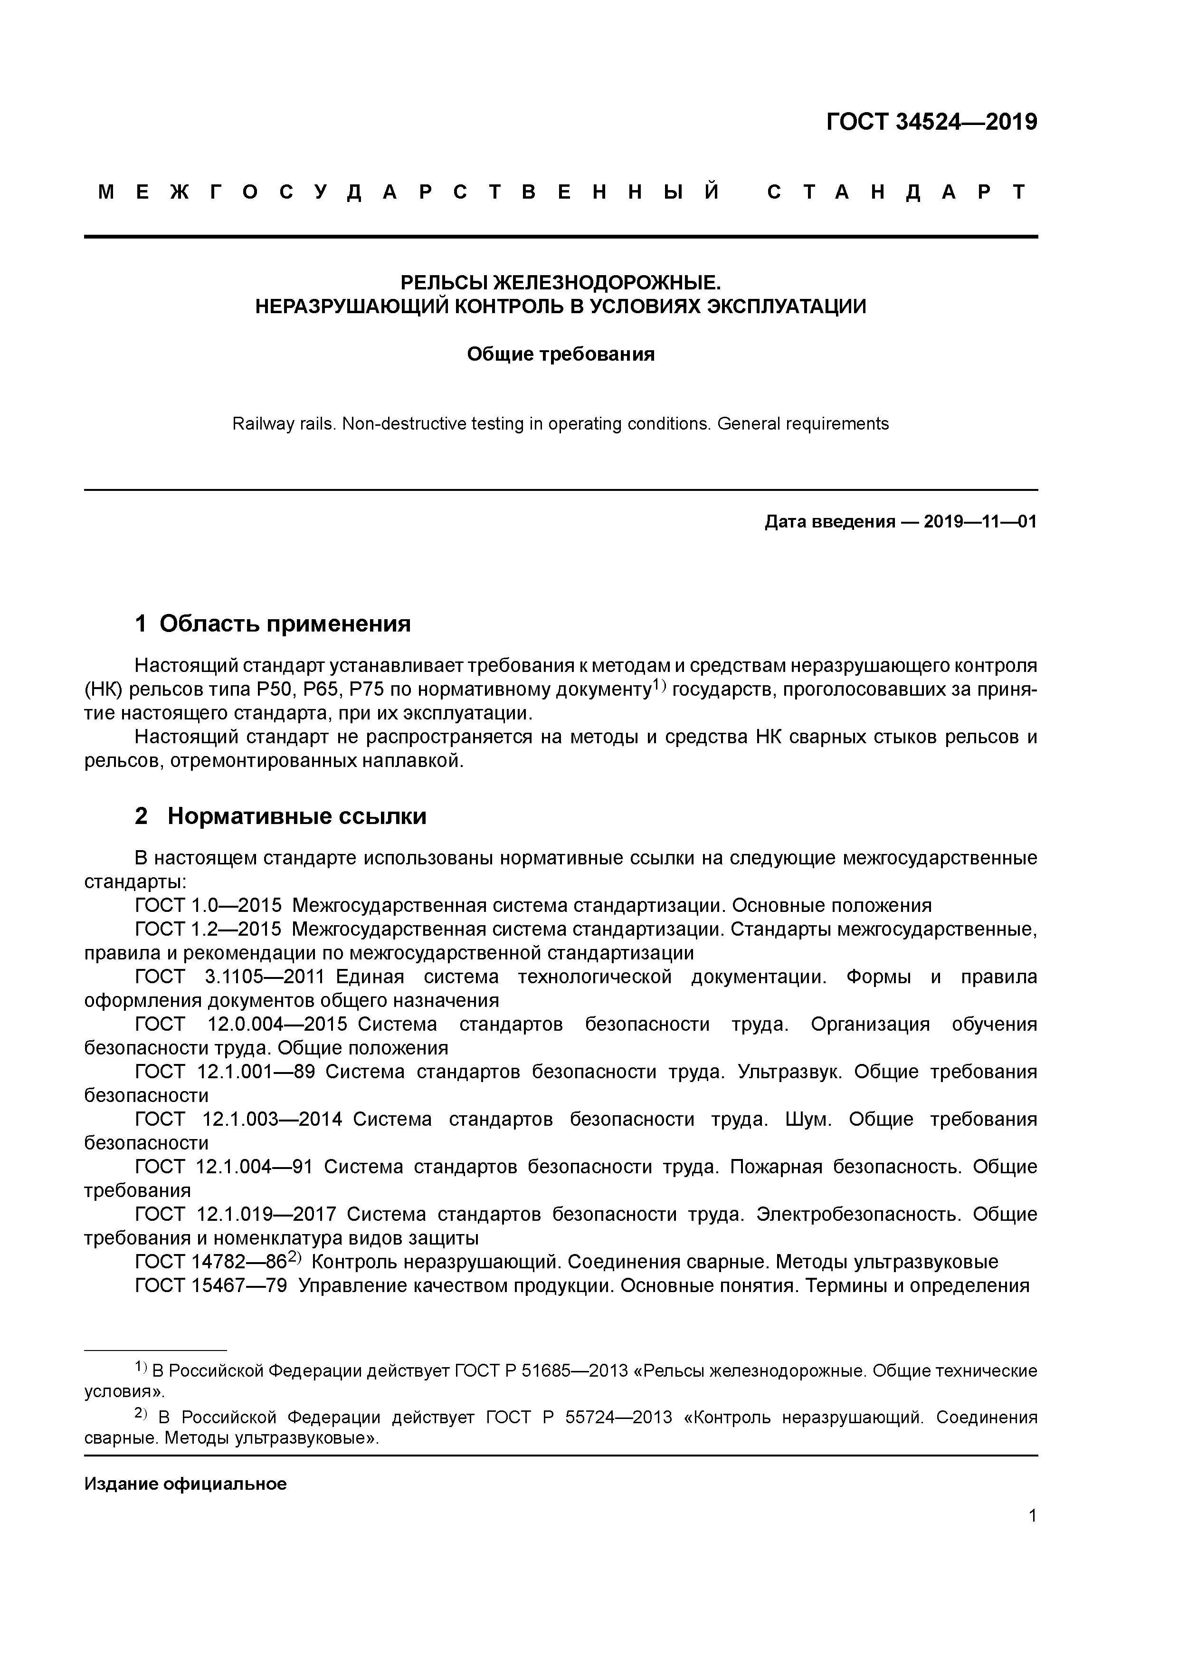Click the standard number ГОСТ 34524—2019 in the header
click(x=931, y=123)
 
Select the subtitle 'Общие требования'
click(x=560, y=354)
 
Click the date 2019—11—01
click(x=980, y=522)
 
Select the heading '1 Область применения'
click(x=273, y=623)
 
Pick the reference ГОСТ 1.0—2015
click(x=208, y=906)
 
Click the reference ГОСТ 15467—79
click(x=210, y=1286)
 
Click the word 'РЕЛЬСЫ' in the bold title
click(x=444, y=282)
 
